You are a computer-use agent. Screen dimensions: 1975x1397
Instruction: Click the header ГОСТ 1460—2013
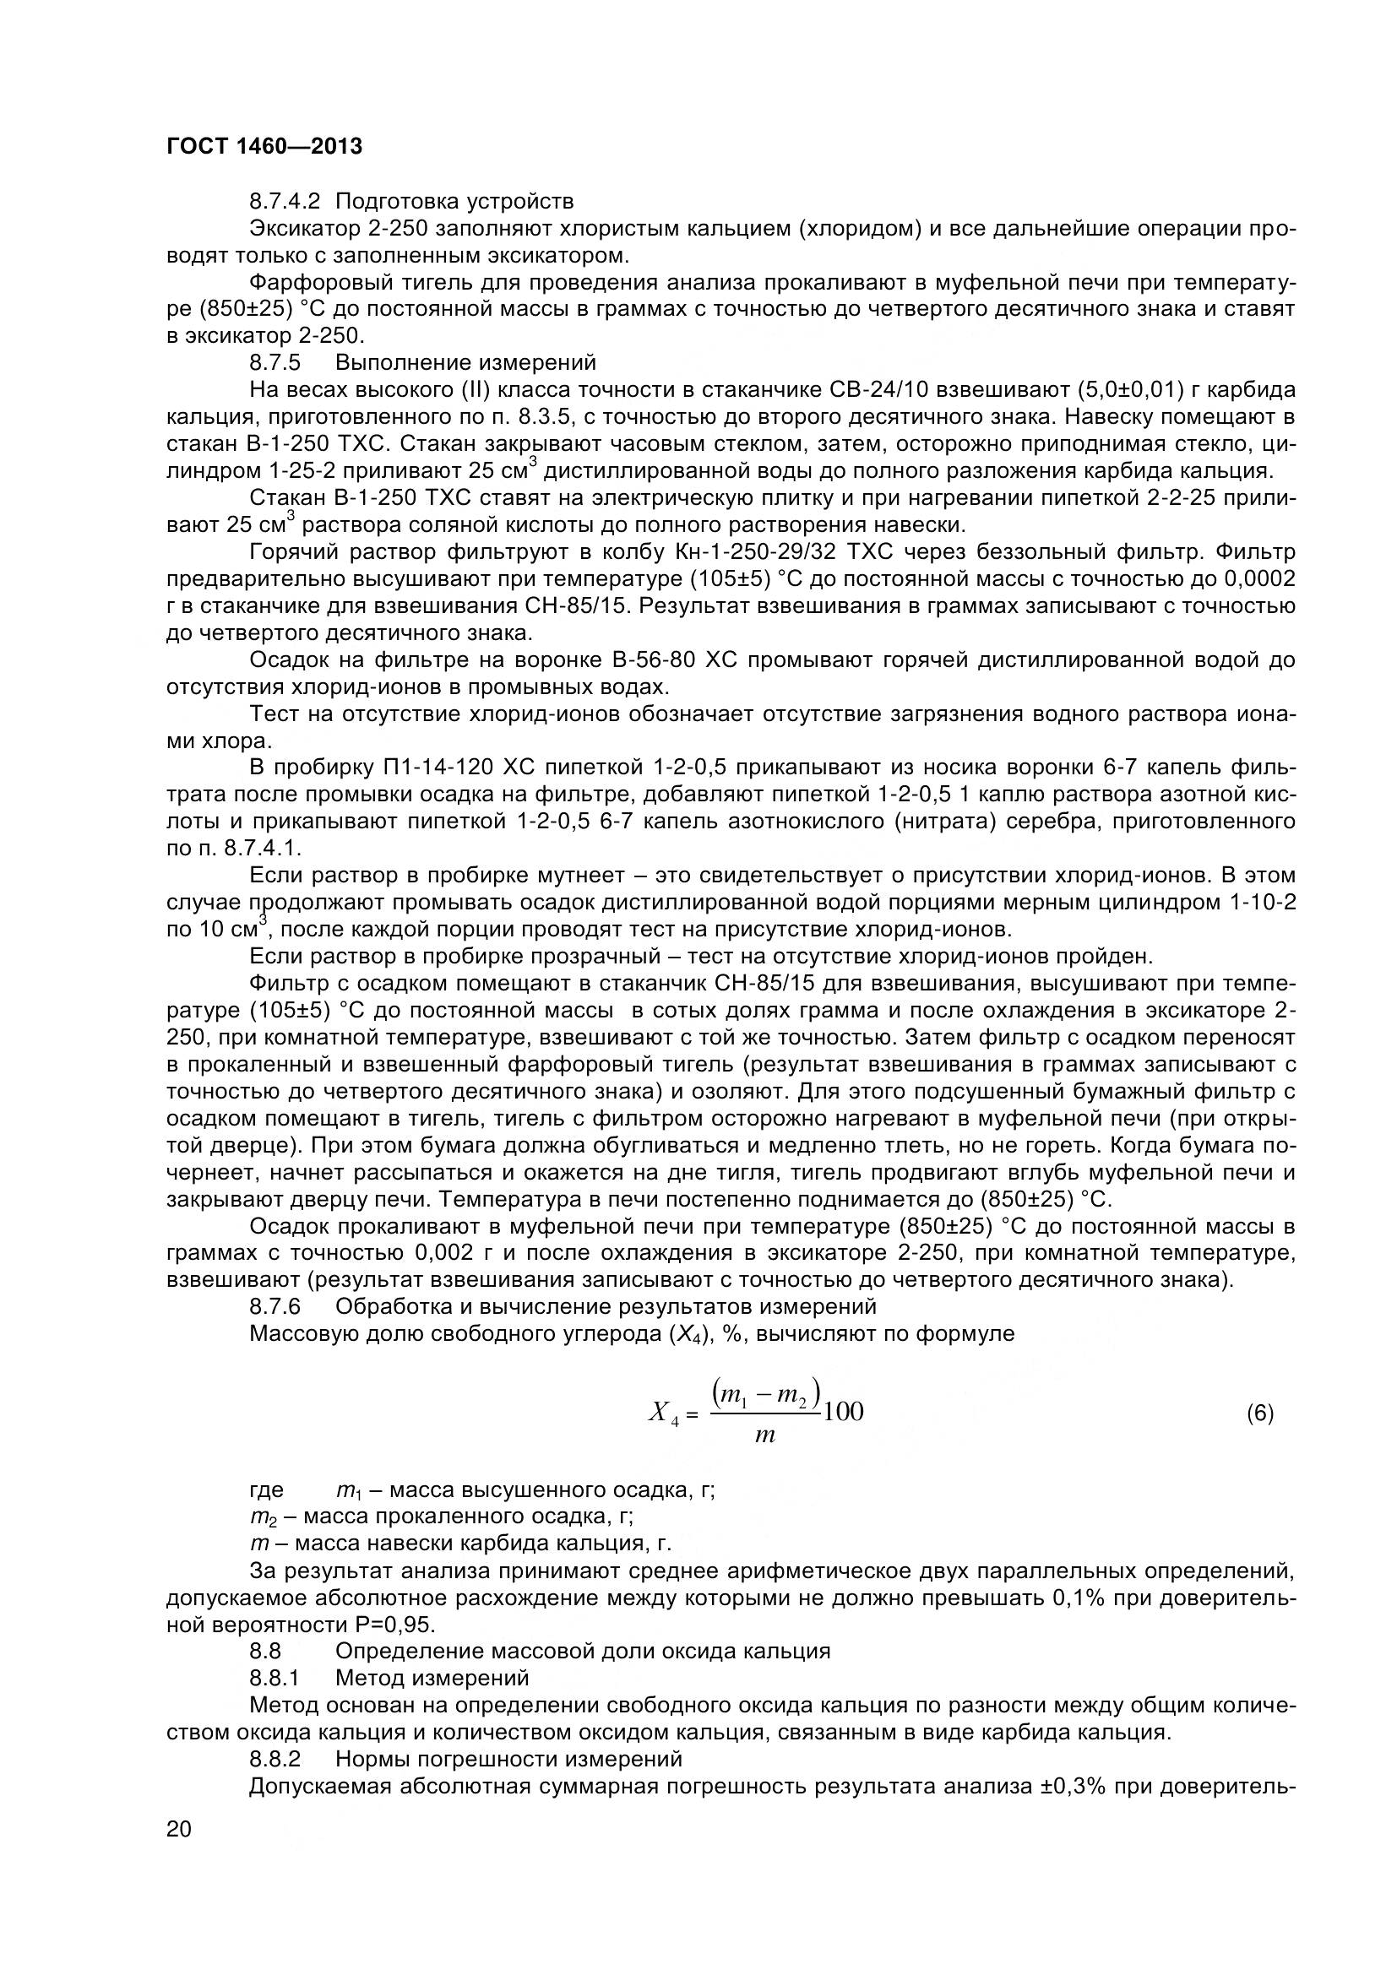264,147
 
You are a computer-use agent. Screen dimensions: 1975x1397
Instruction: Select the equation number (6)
1259,1413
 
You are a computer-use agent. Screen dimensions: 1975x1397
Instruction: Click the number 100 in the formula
843,1412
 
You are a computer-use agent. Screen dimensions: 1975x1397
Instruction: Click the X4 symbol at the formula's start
664,1413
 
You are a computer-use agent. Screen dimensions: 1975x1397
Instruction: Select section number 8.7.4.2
285,201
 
